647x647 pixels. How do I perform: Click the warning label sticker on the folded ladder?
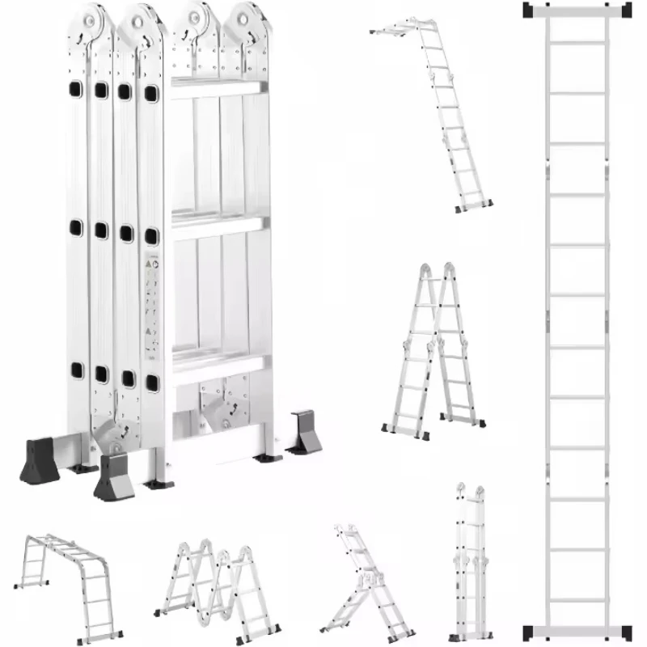click(151, 303)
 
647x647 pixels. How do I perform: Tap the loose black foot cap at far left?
click(40, 461)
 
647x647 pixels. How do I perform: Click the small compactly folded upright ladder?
click(470, 558)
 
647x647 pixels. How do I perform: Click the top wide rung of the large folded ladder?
click(217, 89)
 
